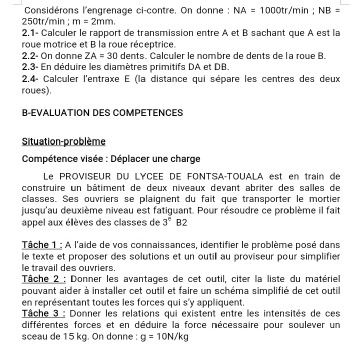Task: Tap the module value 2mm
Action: tap(105, 22)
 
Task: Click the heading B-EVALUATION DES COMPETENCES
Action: tap(103, 113)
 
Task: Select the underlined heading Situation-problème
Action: tap(64, 141)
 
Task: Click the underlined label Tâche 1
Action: tap(41, 245)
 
